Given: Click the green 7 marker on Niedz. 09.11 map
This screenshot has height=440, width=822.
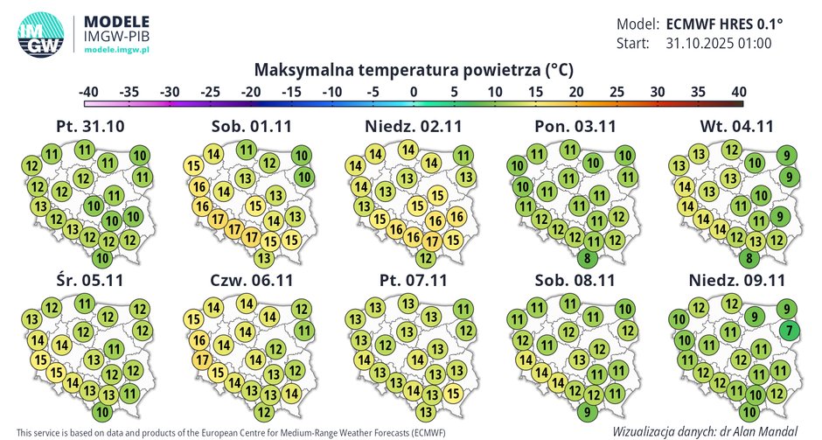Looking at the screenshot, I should tap(788, 330).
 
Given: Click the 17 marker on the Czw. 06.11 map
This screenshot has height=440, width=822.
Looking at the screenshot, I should tap(200, 360).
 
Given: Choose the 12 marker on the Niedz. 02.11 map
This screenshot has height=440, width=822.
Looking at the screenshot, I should tap(425, 258).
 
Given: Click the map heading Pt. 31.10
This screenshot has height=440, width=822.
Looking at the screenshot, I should tap(90, 126).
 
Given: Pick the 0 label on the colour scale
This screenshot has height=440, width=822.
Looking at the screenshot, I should tap(413, 91).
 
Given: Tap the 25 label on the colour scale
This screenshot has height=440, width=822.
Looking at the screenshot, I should tap(616, 91).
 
